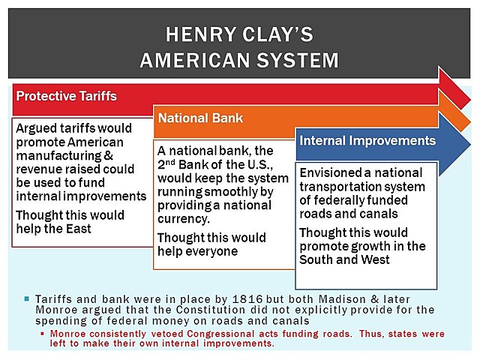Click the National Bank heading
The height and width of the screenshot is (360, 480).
[x=200, y=118]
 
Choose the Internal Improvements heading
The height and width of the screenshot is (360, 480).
[x=367, y=140]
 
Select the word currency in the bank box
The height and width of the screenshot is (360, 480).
[x=183, y=220]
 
